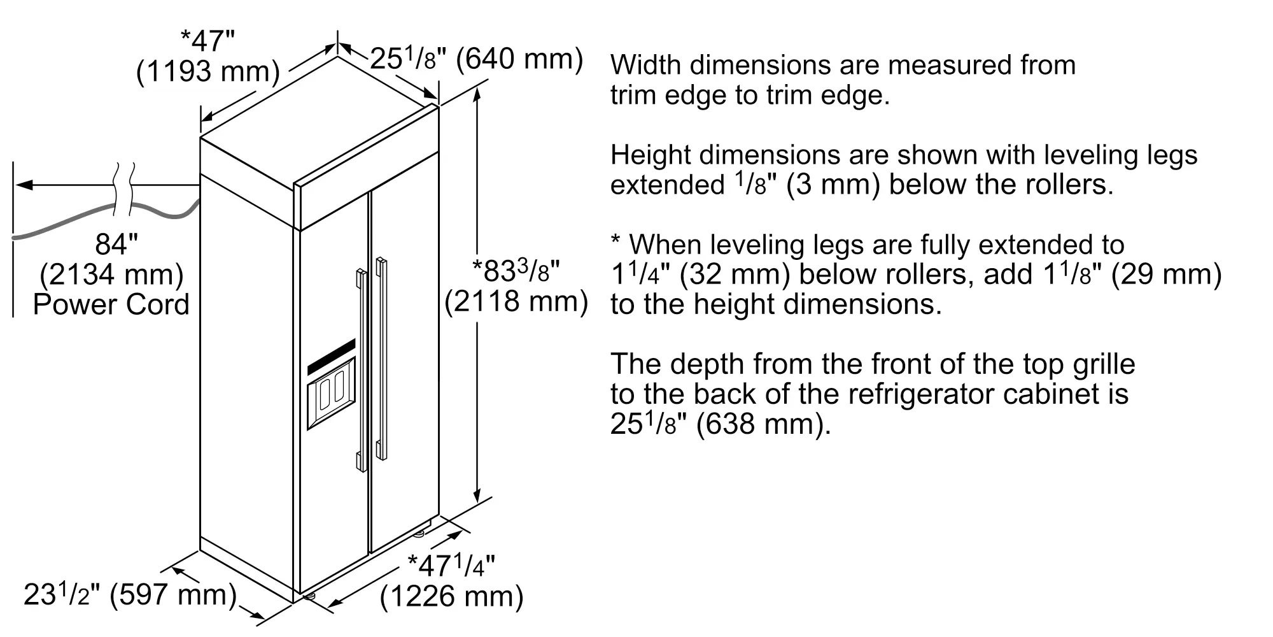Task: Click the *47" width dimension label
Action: point(208,41)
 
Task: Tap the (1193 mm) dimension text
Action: point(208,71)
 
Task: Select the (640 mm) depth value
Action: point(519,59)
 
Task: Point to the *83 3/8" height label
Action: point(516,270)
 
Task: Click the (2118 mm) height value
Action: point(516,301)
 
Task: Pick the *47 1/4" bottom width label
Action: point(451,565)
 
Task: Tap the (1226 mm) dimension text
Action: point(451,597)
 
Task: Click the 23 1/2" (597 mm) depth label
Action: point(130,594)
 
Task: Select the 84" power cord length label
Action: point(116,244)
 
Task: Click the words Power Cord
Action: point(111,304)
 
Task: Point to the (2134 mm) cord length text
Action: point(111,275)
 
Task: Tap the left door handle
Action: point(362,370)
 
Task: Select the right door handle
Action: point(381,359)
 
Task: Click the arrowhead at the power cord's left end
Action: point(24,185)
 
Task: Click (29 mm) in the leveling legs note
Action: point(1166,275)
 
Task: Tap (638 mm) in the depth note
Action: point(764,424)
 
